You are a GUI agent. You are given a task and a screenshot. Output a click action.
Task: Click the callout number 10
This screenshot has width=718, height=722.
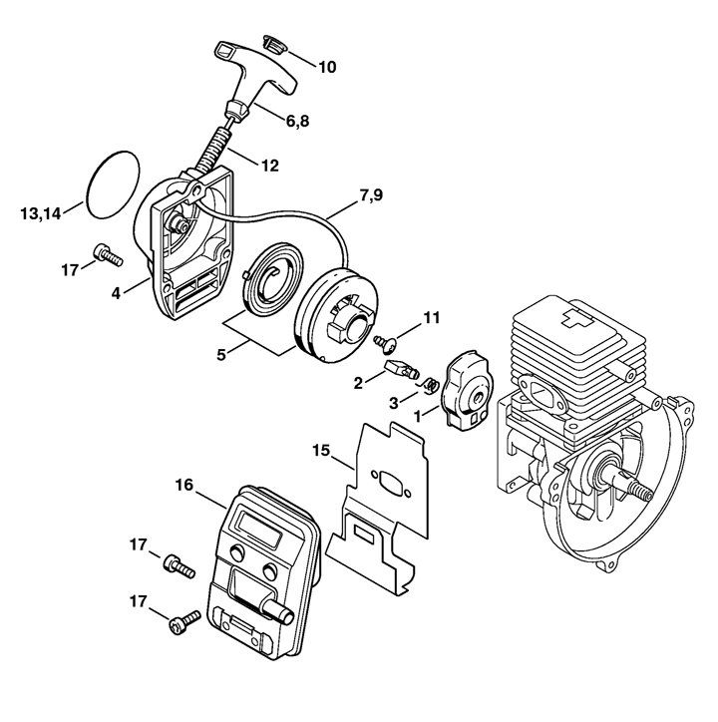[x=327, y=67]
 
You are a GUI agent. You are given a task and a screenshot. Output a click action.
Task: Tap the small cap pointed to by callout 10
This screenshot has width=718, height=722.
[x=273, y=43]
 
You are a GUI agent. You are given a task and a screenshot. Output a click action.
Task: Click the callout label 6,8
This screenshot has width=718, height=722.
[x=297, y=121]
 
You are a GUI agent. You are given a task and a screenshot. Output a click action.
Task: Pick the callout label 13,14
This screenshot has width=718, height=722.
[x=41, y=213]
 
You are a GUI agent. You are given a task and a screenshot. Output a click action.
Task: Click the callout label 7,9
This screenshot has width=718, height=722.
[x=371, y=195]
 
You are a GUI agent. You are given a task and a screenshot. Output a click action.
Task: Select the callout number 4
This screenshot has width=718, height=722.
[x=116, y=293]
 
